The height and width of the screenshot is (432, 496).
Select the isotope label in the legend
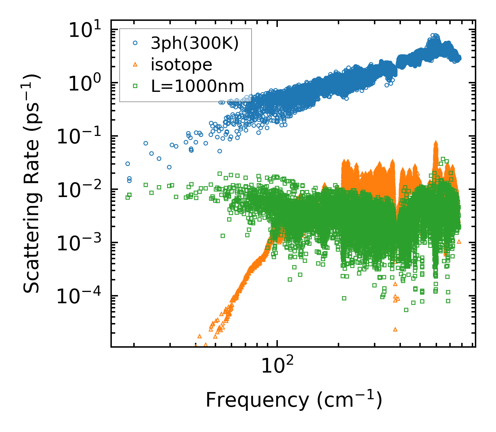click(181, 65)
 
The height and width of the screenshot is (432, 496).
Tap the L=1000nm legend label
click(198, 86)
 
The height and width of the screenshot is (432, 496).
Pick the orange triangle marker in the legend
click(135, 64)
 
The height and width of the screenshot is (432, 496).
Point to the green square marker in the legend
click(135, 86)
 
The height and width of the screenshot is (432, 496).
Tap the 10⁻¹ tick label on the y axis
click(81, 137)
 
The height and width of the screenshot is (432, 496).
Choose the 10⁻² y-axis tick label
click(81, 190)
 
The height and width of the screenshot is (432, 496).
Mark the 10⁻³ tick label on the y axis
click(81, 243)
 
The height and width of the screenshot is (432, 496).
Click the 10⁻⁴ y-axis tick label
click(81, 297)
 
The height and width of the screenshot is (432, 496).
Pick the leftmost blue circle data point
click(128, 164)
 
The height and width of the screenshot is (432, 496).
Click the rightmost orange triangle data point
click(459, 241)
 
